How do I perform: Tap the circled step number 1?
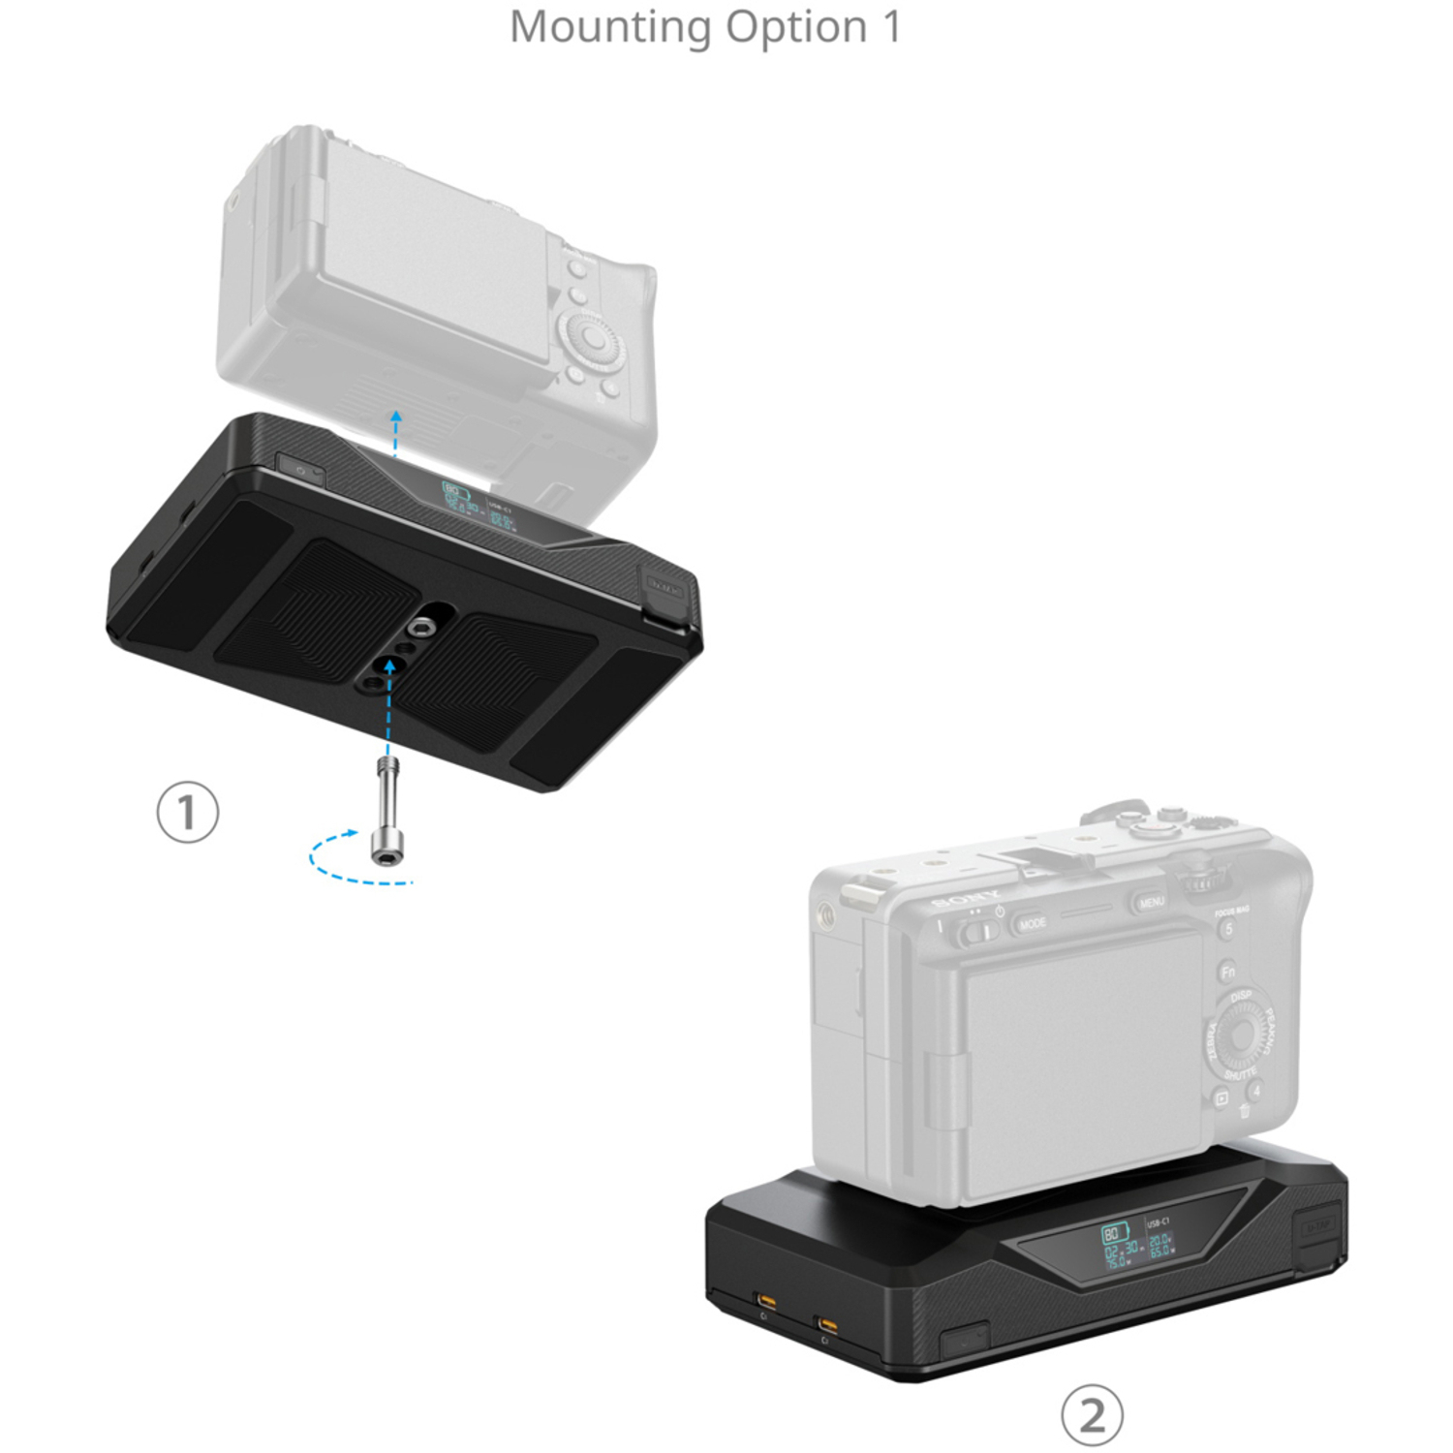[188, 812]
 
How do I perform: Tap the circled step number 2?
[1092, 1415]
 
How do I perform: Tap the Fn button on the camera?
[1227, 971]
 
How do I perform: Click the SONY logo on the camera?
[966, 898]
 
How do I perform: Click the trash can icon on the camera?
[1244, 1111]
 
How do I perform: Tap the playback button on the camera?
[1221, 1098]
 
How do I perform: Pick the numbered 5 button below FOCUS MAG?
[1227, 930]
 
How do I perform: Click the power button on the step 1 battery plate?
[300, 470]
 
